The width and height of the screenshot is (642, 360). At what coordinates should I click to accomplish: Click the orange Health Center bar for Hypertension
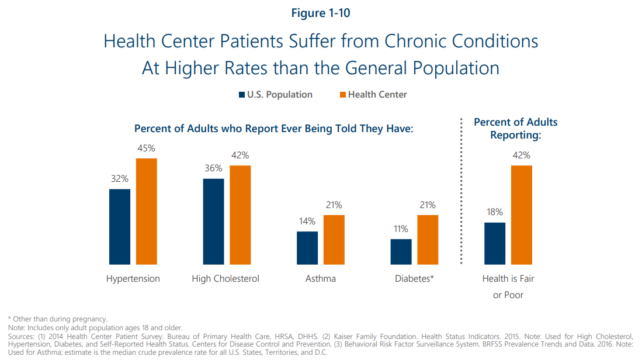[147, 212]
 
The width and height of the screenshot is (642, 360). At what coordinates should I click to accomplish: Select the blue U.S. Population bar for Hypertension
[120, 227]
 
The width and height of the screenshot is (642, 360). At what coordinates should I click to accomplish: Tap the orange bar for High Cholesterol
[240, 215]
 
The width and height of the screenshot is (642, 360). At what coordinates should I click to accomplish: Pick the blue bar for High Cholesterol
[213, 221]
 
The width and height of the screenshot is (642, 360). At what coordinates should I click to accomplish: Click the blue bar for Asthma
[307, 248]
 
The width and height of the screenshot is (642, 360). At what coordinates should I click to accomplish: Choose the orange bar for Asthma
[334, 240]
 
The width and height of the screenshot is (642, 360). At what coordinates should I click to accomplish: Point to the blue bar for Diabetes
[401, 252]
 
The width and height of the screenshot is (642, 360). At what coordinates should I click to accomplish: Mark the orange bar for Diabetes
[428, 240]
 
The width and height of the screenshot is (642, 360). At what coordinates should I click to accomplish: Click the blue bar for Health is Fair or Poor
[494, 244]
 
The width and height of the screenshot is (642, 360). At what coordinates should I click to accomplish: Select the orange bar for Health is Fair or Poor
[522, 215]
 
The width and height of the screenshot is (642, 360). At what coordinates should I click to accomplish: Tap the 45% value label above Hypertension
[146, 149]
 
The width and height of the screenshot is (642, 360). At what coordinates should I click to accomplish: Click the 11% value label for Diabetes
[400, 229]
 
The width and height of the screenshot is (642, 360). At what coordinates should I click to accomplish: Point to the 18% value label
[494, 213]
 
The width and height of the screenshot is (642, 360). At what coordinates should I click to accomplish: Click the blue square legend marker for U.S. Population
[242, 95]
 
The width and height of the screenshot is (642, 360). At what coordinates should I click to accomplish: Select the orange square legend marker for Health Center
[342, 95]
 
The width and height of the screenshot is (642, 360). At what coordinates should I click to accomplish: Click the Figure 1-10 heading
[321, 13]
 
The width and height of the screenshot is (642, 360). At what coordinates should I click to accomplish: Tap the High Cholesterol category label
[225, 279]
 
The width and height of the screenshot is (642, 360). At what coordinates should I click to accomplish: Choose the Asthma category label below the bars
[320, 279]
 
